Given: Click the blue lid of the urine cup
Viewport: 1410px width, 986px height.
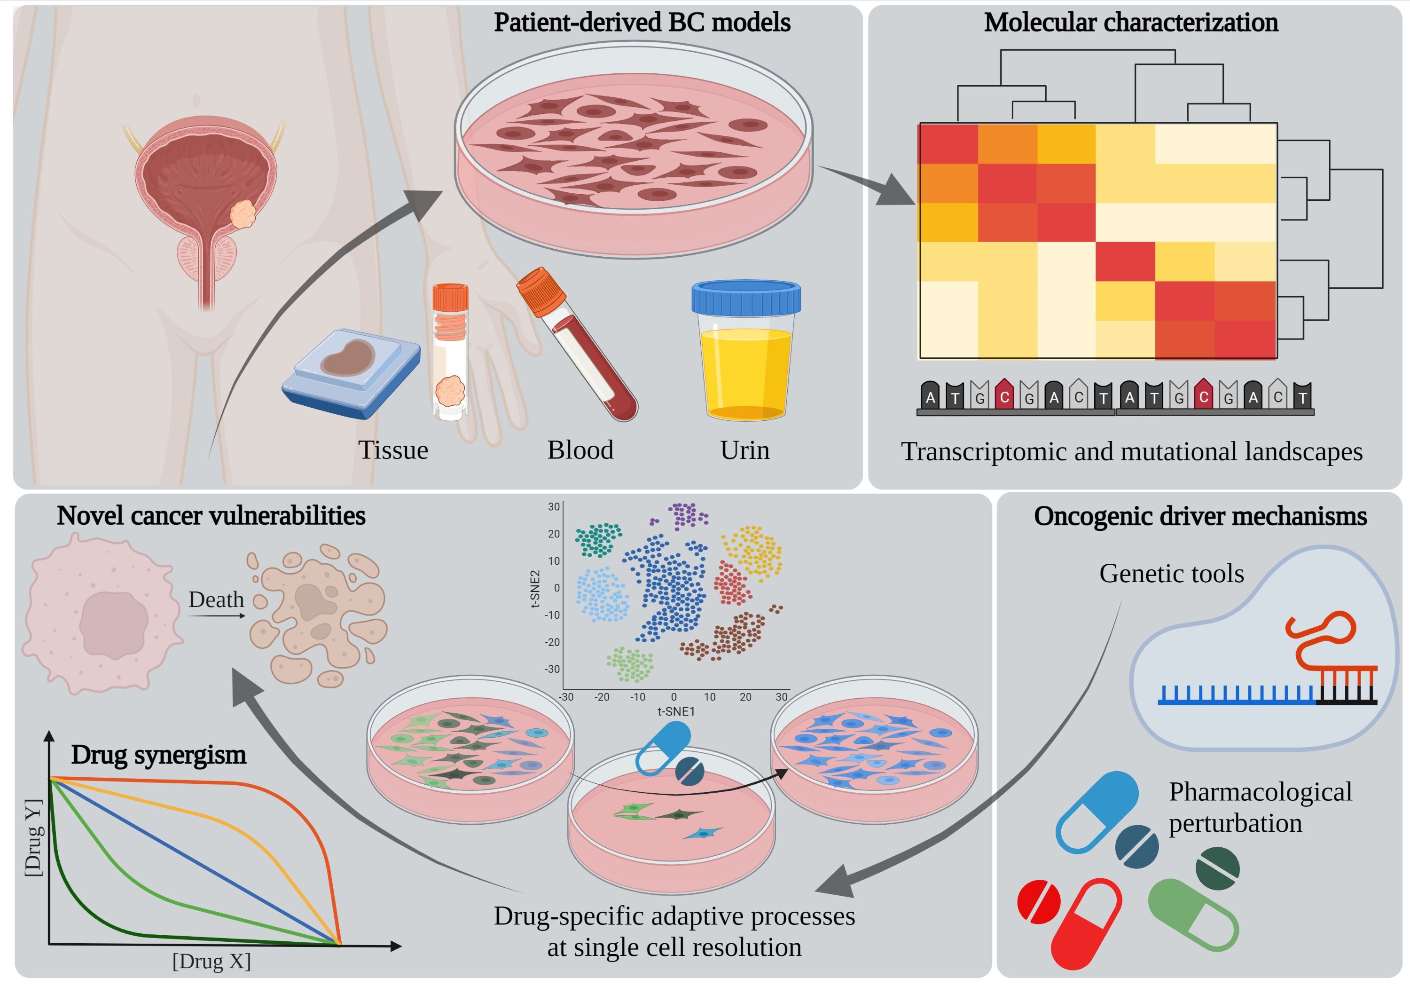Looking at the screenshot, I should tap(745, 299).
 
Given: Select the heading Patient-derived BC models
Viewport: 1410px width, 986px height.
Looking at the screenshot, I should tap(642, 23).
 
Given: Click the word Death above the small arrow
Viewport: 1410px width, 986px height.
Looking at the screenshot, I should tap(216, 599).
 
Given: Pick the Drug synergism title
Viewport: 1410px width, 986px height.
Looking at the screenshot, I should tap(158, 754).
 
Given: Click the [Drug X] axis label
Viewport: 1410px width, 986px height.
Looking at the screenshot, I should tap(211, 961).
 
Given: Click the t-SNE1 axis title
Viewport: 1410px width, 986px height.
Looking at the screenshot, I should tap(675, 711).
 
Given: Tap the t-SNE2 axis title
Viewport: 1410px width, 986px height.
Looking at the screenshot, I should tap(535, 589).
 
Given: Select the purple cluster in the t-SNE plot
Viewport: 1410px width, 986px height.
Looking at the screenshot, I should tap(688, 515).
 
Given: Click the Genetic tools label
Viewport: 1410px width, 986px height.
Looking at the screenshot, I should tap(1171, 573).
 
